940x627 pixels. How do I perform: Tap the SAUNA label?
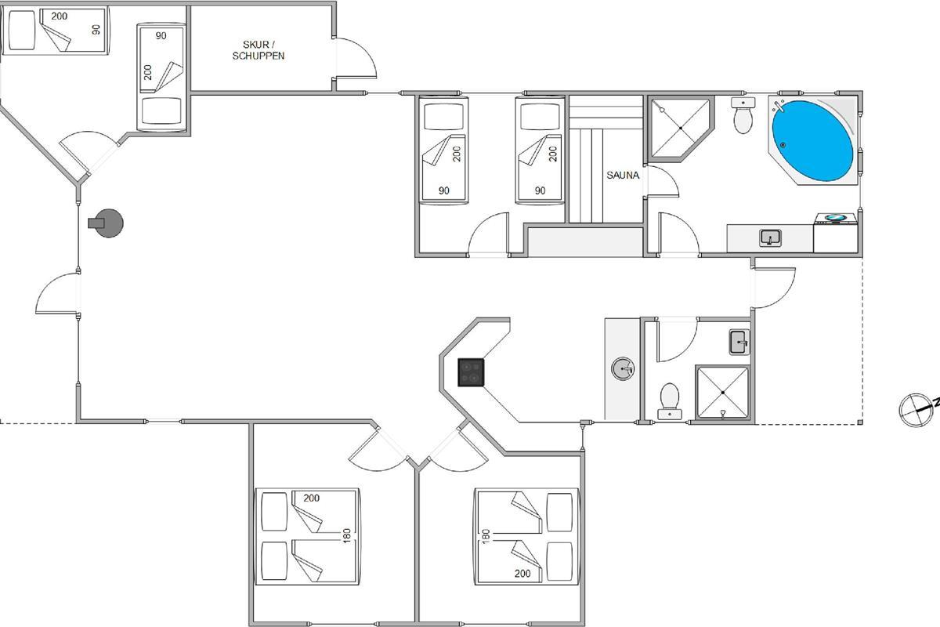point(623,176)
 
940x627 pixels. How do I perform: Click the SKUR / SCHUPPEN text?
point(258,50)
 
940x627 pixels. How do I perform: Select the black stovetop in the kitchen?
point(471,371)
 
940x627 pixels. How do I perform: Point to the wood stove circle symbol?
point(107,223)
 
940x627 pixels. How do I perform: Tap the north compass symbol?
point(913,410)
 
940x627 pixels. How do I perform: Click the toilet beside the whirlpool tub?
point(743,117)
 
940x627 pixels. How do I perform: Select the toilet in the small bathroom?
point(670,397)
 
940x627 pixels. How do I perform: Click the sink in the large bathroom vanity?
point(771,237)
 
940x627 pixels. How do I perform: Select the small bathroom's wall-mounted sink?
point(739,342)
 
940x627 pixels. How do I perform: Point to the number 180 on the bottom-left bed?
point(346,535)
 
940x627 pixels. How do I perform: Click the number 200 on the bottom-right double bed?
point(522,574)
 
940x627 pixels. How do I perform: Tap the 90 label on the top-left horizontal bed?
point(96,30)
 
